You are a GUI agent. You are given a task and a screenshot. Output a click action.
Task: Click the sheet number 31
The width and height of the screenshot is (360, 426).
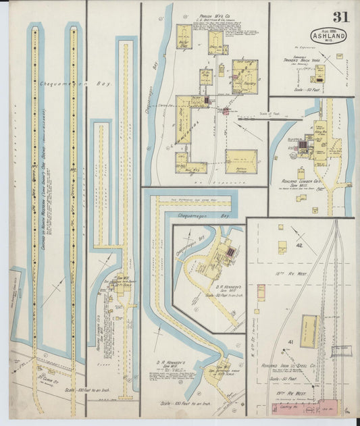pyautogui.click(x=340, y=17)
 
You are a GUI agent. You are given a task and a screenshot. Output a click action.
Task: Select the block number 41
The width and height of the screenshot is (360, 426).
pyautogui.click(x=291, y=342)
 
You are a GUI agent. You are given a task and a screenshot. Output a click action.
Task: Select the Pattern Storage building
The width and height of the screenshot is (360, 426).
pyautogui.click(x=240, y=161)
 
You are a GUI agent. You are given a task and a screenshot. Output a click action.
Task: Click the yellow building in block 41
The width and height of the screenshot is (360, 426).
pyautogui.click(x=310, y=331)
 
